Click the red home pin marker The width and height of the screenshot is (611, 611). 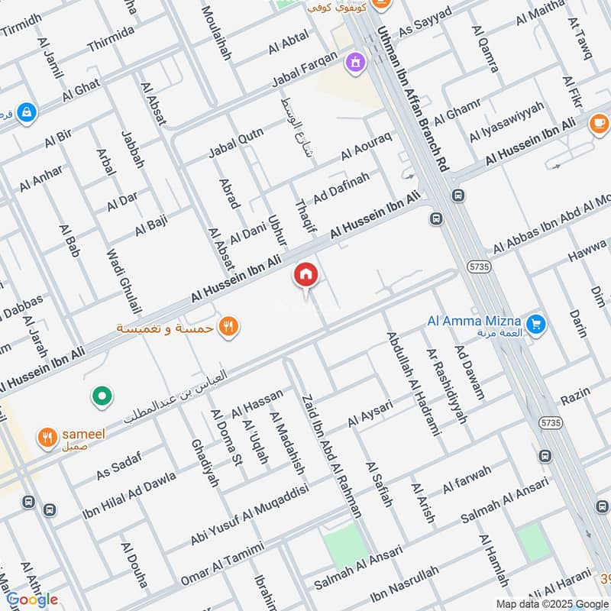tap(305, 274)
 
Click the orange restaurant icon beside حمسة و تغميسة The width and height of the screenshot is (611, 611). tap(228, 327)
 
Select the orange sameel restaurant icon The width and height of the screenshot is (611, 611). tap(47, 438)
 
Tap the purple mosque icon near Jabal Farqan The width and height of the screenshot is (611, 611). tap(356, 60)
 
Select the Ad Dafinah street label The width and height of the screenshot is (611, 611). tap(341, 187)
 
